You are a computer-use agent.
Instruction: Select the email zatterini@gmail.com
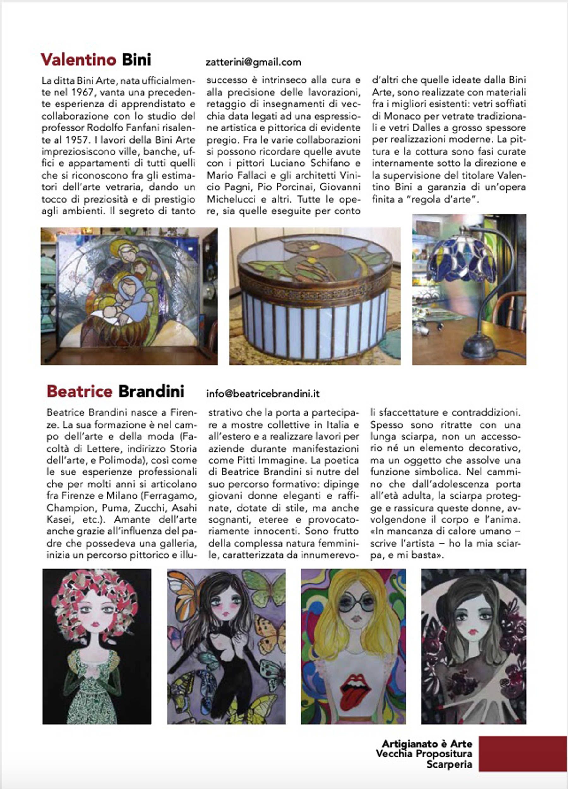click(253, 62)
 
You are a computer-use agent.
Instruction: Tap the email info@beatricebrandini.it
click(263, 394)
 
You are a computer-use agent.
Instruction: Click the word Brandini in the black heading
click(151, 391)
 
